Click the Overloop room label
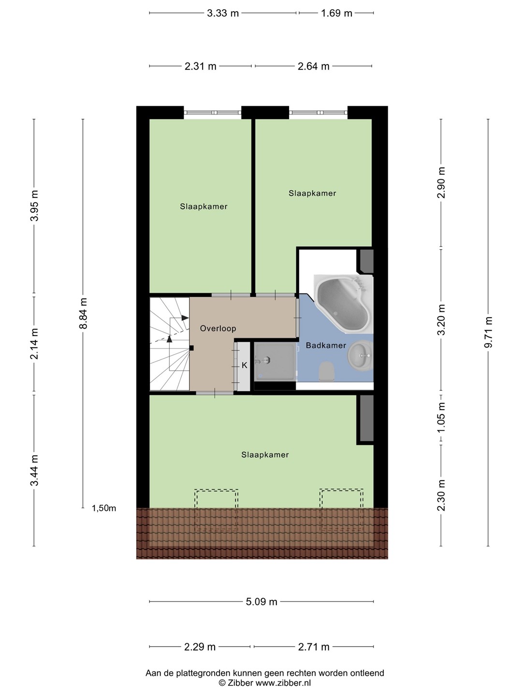pos(218,329)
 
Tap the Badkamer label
pos(326,346)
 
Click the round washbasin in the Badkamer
pos(361,356)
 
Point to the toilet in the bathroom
pos(326,372)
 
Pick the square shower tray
pos(275,361)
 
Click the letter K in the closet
pos(245,365)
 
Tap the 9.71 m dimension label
pos(488,332)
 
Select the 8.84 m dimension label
pos(83,313)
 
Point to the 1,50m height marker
pos(104,508)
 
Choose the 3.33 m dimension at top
pos(223,14)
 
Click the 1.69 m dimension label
pos(336,14)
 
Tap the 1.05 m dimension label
pos(441,418)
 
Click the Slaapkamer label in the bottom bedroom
pos(265,455)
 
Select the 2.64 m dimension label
pos(314,66)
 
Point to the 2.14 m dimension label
pos(34,344)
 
